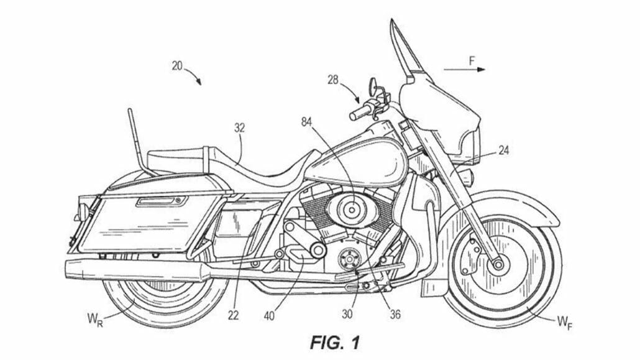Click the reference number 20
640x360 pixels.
176,66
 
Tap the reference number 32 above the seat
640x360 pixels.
239,128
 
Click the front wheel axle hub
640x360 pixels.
498,264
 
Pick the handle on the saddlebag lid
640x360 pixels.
163,200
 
